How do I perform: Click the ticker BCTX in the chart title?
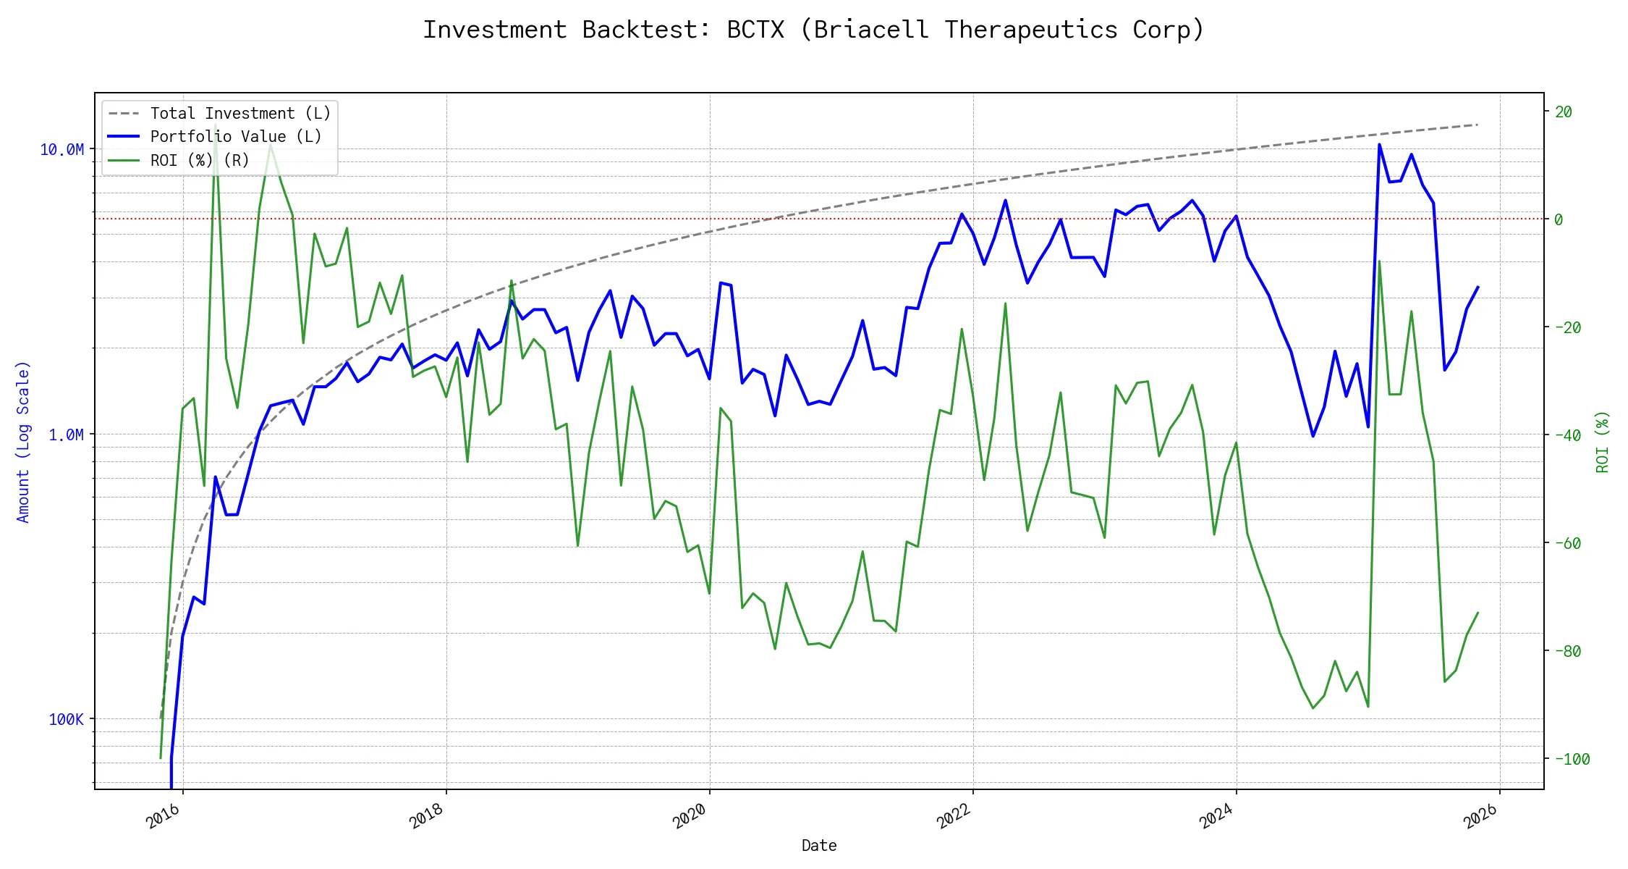[x=755, y=30]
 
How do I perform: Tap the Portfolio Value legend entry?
[x=235, y=137]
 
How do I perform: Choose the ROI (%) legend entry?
[x=199, y=160]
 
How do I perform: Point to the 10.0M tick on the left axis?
[x=62, y=150]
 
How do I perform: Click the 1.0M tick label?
[x=66, y=434]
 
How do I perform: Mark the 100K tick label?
[x=66, y=719]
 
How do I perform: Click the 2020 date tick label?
[x=690, y=816]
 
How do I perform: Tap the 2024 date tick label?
[x=1217, y=816]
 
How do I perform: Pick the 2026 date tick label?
[x=1480, y=816]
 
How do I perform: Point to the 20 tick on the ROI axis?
[x=1564, y=112]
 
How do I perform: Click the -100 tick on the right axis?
[x=1572, y=759]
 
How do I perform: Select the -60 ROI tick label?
[x=1567, y=543]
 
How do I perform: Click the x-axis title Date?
[x=819, y=845]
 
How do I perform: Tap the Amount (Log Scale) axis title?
[x=23, y=442]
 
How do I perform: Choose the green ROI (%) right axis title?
[x=1602, y=442]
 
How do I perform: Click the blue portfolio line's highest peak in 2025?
[x=1379, y=145]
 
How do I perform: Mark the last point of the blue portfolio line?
[x=1478, y=287]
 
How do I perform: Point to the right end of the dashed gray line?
[x=1478, y=125]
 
